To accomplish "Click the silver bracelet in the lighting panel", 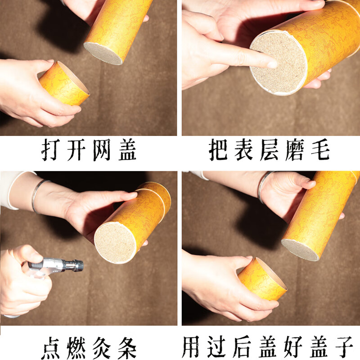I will click(39, 194).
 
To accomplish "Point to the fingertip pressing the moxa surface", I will click(271, 64).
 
